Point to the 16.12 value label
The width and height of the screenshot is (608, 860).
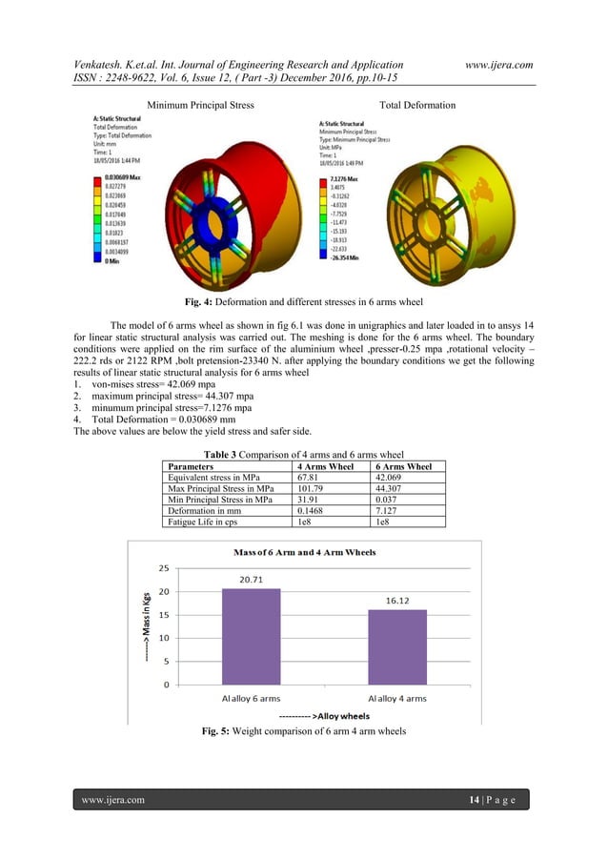(x=399, y=602)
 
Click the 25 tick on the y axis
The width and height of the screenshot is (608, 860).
(x=163, y=568)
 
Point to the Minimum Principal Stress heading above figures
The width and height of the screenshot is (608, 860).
(x=200, y=105)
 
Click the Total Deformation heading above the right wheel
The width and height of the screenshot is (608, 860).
(x=417, y=105)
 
